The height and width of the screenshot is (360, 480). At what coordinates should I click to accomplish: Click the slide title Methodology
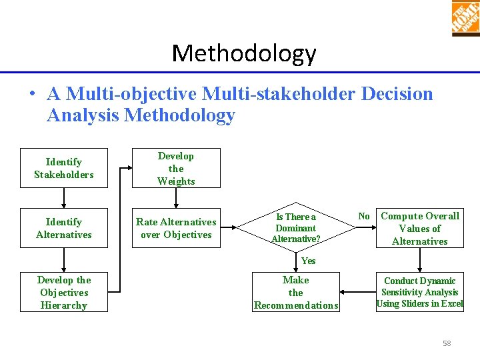tap(244, 53)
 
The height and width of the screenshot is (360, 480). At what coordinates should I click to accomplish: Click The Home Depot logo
tap(465, 17)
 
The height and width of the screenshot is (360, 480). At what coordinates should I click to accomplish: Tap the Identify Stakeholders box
tap(64, 168)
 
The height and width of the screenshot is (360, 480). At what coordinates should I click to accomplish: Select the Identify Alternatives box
tap(64, 228)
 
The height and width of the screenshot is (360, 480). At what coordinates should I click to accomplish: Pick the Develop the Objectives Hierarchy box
tap(64, 293)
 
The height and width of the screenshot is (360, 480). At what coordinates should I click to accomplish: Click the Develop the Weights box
tap(176, 168)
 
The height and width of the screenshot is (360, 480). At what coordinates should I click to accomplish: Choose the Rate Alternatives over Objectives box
tap(176, 228)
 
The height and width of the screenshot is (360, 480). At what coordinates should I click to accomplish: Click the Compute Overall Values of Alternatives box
tap(419, 228)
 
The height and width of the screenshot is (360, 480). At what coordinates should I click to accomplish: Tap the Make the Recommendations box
tap(296, 293)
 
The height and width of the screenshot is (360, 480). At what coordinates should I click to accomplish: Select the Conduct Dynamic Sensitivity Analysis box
tap(419, 293)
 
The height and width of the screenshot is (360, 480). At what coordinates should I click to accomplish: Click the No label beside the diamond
tap(364, 216)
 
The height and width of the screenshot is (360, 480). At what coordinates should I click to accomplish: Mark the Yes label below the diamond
tap(308, 261)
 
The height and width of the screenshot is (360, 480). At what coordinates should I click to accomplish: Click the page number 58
tap(447, 343)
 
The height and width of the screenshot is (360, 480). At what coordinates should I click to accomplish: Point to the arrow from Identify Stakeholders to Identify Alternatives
tap(64, 198)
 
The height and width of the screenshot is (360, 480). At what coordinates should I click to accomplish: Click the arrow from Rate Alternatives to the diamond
tap(237, 228)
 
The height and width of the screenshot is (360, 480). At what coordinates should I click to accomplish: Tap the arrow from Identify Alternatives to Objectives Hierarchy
tap(64, 260)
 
